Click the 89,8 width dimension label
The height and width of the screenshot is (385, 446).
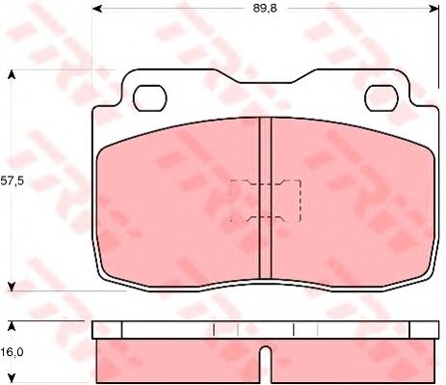[265, 9]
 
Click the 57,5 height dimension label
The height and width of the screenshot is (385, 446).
[13, 181]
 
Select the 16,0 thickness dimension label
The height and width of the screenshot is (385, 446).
[12, 352]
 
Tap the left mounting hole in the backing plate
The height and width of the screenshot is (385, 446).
[150, 98]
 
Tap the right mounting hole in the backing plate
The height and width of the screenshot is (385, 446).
[382, 98]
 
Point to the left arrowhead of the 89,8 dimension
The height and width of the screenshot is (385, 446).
[96, 9]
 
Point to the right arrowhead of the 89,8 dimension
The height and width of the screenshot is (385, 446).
[434, 9]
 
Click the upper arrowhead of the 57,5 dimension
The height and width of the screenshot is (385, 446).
[12, 75]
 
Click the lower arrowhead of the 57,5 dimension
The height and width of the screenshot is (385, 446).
[12, 287]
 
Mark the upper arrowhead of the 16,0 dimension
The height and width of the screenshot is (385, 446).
[12, 326]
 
